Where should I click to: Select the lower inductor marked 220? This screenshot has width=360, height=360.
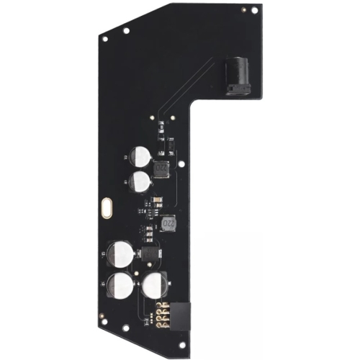tap(169, 225)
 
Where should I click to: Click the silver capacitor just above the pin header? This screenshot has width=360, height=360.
tap(154, 286)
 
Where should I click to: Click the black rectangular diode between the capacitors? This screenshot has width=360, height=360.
tap(149, 253)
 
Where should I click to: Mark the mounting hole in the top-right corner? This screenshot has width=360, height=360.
tap(254, 11)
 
